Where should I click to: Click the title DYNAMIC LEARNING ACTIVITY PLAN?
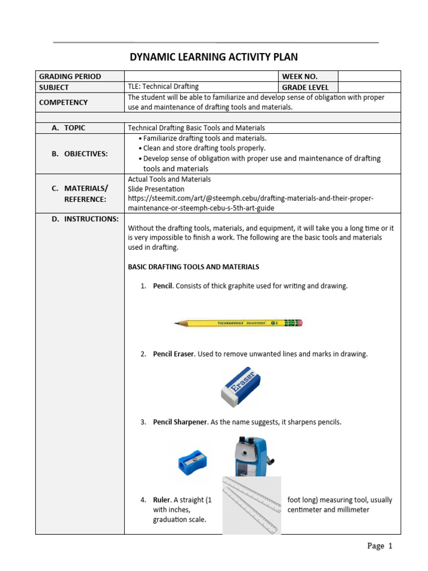214,57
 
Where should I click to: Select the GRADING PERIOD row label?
70,76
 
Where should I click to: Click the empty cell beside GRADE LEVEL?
369,87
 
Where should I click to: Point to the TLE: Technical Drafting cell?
163,87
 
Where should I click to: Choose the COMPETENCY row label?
64,103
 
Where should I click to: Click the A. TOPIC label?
69,128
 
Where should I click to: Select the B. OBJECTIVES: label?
80,153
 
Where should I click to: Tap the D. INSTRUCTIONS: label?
85,219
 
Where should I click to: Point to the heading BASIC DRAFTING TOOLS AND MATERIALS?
193,267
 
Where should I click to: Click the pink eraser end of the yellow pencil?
299,322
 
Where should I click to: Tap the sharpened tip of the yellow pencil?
177,322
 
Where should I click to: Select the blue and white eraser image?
241,386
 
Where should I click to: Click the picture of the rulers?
252,505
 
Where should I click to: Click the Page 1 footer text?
380,546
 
